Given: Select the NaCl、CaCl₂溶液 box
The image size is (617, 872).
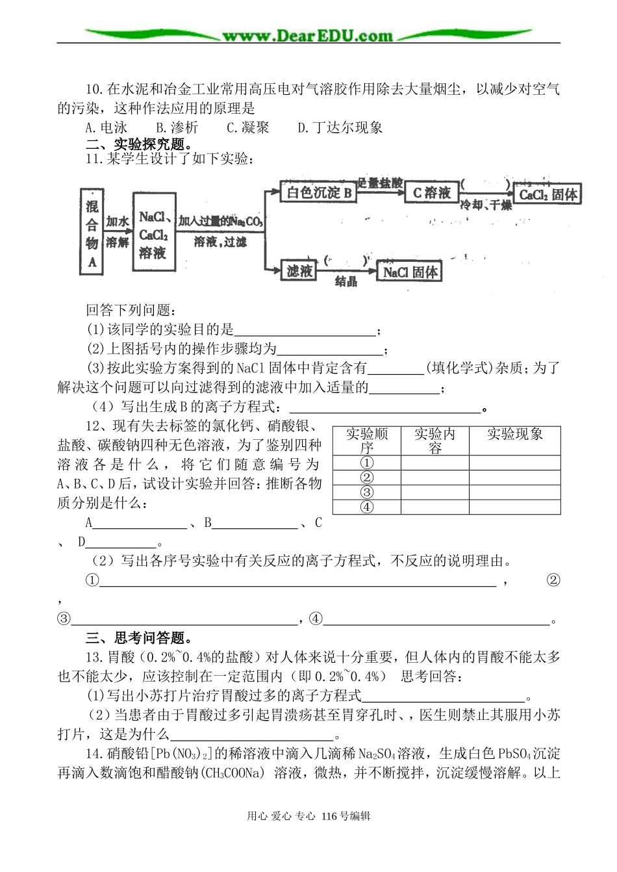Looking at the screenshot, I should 153,234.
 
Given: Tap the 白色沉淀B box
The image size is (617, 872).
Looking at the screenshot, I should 320,193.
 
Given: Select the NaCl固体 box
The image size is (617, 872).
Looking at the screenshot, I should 410,272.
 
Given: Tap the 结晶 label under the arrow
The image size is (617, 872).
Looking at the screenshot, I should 346,282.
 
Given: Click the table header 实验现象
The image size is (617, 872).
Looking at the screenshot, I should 515,435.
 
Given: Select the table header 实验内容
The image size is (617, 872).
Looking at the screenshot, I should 434,441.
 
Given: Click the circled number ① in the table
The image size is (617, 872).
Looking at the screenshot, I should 366,463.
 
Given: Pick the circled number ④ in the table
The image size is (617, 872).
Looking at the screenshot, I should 366,507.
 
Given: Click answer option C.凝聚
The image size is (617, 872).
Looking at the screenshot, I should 247,127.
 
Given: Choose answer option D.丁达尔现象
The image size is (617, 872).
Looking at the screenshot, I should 340,127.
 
